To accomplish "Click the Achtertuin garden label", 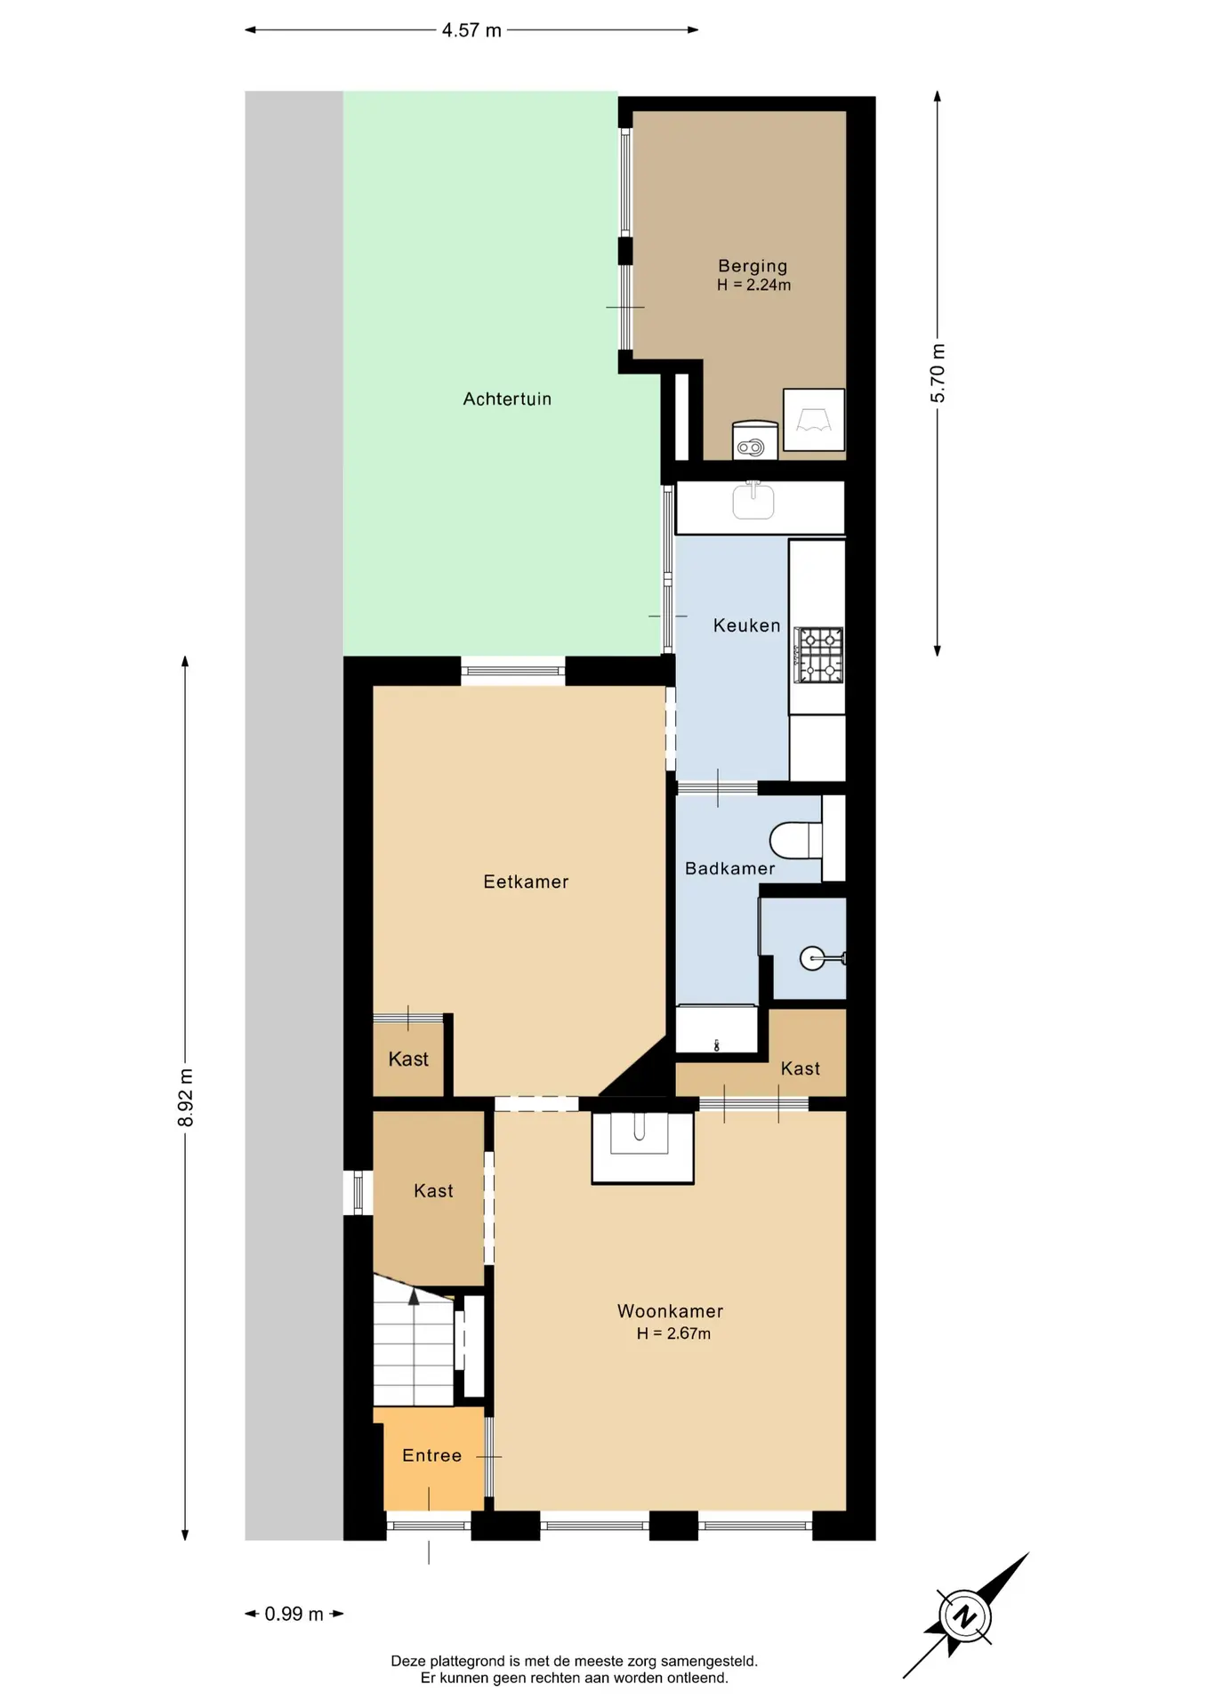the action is pyautogui.click(x=507, y=399).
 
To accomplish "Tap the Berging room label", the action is pyautogui.click(x=753, y=266).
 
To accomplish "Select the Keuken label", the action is pyautogui.click(x=746, y=626).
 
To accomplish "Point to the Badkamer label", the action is pyautogui.click(x=729, y=868).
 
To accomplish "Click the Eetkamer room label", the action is pyautogui.click(x=526, y=882).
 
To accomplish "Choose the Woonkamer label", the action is pyautogui.click(x=670, y=1311).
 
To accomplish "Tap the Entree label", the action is pyautogui.click(x=431, y=1455).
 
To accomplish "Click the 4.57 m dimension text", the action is pyautogui.click(x=471, y=30).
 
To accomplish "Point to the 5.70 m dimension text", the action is pyautogui.click(x=938, y=374).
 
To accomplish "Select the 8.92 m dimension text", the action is pyautogui.click(x=186, y=1098).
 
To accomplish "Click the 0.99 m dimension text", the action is pyautogui.click(x=294, y=1614).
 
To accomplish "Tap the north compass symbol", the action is pyautogui.click(x=966, y=1616).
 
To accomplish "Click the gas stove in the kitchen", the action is pyautogui.click(x=818, y=656).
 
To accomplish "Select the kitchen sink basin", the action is pyautogui.click(x=753, y=501).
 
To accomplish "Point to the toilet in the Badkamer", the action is pyautogui.click(x=795, y=840).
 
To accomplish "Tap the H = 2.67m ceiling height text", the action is pyautogui.click(x=673, y=1333).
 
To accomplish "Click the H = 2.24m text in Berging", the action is pyautogui.click(x=753, y=286).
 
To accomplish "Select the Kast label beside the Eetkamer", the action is pyautogui.click(x=408, y=1059).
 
